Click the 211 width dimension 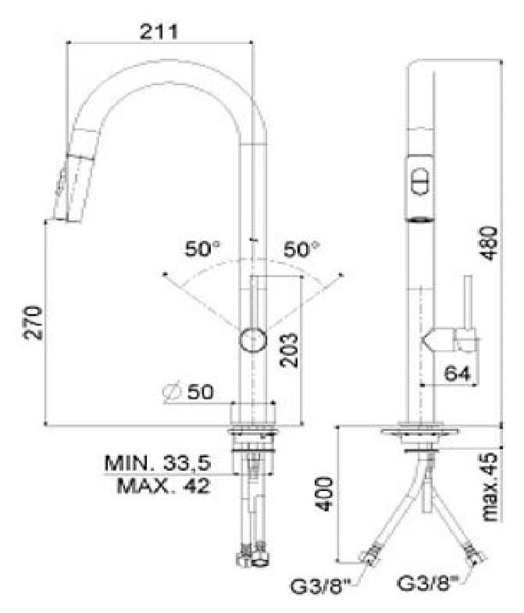(159, 31)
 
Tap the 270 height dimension (33, 323)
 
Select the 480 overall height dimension (490, 243)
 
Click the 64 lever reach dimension (458, 374)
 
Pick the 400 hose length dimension (325, 494)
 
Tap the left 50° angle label (202, 249)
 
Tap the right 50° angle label (301, 249)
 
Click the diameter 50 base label (188, 393)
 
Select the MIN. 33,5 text (158, 463)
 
